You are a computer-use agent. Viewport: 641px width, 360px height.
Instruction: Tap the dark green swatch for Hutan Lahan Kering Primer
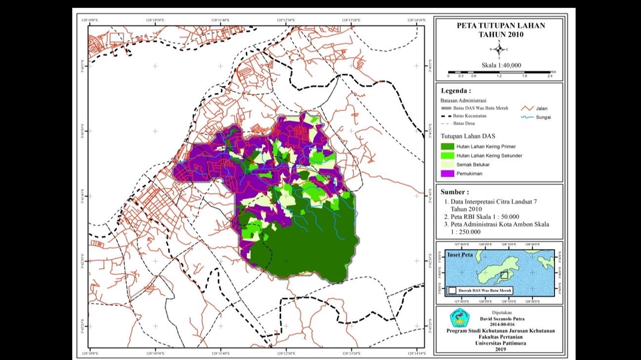coord(447,146)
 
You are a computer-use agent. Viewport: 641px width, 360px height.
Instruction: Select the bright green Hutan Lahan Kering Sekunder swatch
coord(447,156)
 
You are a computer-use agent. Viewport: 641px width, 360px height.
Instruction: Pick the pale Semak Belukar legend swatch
coord(447,164)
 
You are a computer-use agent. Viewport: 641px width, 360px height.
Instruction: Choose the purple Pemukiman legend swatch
coord(447,174)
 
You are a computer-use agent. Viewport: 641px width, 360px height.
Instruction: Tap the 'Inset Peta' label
coord(460,254)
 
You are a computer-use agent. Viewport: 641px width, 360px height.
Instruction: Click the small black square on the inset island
coord(505,275)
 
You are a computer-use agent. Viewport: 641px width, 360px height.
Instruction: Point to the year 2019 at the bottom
coord(500,349)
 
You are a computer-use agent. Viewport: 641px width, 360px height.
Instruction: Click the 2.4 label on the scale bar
coord(551,77)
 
